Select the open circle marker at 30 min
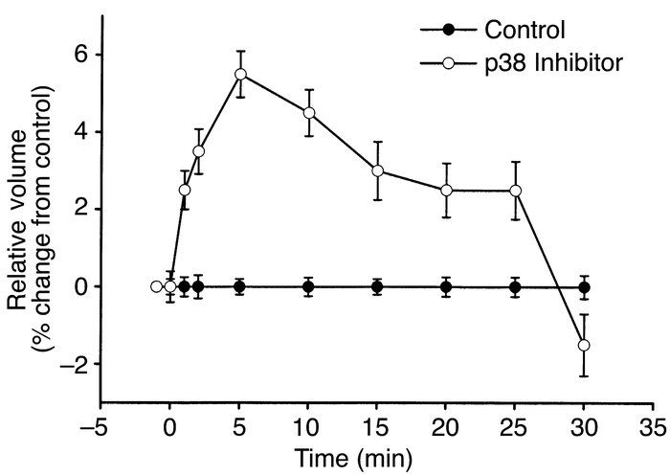[585, 345]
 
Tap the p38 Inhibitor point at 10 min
[308, 112]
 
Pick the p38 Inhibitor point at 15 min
[377, 170]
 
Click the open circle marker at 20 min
[446, 190]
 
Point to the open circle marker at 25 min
[516, 190]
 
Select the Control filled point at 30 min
[585, 286]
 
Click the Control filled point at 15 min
[377, 286]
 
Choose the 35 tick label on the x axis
[654, 421]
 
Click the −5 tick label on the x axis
[100, 421]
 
